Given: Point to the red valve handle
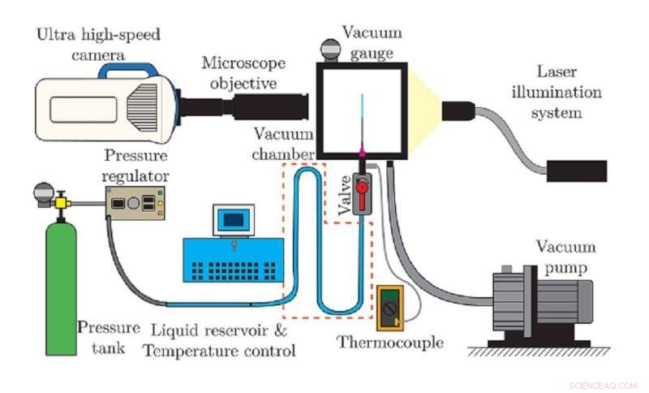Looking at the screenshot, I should point(362,188).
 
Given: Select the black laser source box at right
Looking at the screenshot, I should point(576,171).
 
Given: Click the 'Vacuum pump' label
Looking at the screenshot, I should point(565,257).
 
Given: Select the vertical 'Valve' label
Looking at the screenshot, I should point(344,196).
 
